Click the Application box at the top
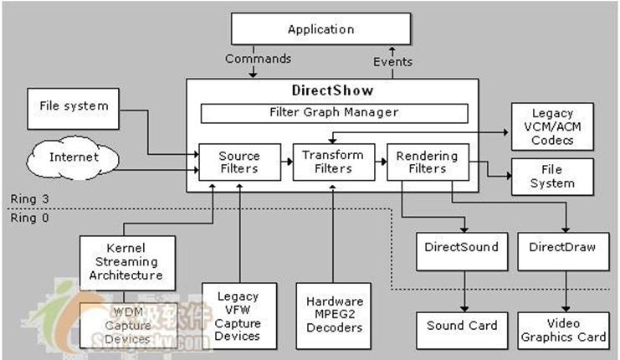pos(320,30)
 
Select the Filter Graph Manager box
pos(334,112)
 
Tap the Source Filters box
pos(238,162)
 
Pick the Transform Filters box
pos(332,162)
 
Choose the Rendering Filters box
pos(428,162)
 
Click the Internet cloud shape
pos(74,157)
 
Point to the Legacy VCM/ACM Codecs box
pos(551,126)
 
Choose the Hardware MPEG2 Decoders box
pos(334,314)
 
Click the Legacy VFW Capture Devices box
pos(238,314)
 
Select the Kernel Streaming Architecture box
pos(128,262)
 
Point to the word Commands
pos(259,59)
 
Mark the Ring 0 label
pos(25,217)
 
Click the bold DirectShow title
pos(332,90)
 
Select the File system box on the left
pos(74,106)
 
